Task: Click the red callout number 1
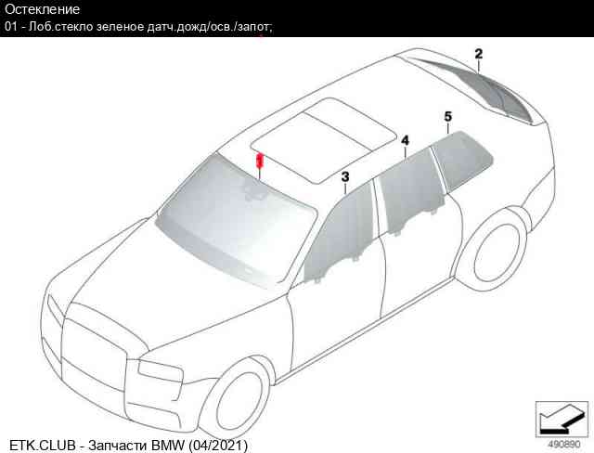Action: click(x=260, y=161)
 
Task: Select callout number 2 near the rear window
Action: click(x=479, y=54)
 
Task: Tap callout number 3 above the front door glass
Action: click(x=344, y=176)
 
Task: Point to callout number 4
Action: click(x=405, y=140)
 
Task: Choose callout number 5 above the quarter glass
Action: click(x=447, y=116)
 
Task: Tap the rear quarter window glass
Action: click(x=462, y=159)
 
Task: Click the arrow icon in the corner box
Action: click(x=562, y=420)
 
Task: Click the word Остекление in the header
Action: click(x=42, y=9)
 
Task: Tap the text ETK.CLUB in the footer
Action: click(x=43, y=445)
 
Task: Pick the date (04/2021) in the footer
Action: click(x=218, y=445)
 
